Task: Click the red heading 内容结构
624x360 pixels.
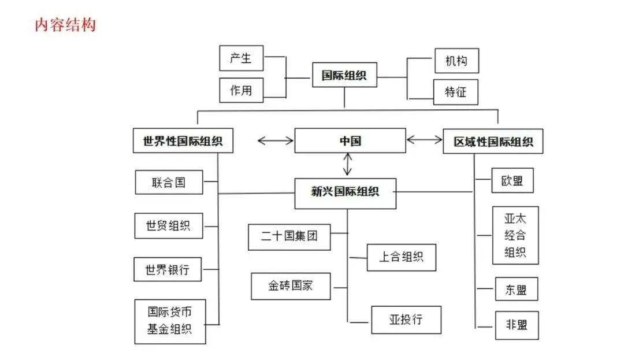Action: pyautogui.click(x=65, y=25)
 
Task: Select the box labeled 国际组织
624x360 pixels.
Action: pyautogui.click(x=344, y=75)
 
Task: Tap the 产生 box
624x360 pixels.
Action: pyautogui.click(x=241, y=58)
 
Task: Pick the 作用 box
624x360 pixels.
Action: pyautogui.click(x=241, y=90)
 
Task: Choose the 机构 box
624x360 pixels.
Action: pyautogui.click(x=456, y=61)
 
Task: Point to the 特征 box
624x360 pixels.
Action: pyautogui.click(x=456, y=91)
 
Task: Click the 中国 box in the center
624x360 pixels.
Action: pyautogui.click(x=350, y=140)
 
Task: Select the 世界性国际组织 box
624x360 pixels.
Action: pyautogui.click(x=183, y=140)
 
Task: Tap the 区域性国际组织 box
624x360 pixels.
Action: pyautogui.click(x=493, y=142)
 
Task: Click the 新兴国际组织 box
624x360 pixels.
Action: pyautogui.click(x=345, y=193)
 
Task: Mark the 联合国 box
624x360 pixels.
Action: pyautogui.click(x=169, y=183)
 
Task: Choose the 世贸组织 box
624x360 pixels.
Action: pyautogui.click(x=168, y=226)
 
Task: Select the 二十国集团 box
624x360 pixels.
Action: pyautogui.click(x=289, y=237)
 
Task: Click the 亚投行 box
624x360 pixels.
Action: pyautogui.click(x=406, y=320)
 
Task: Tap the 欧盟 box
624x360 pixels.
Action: pyautogui.click(x=512, y=180)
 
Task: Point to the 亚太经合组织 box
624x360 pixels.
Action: pyautogui.click(x=515, y=235)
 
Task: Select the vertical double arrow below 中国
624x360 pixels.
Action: pyautogui.click(x=347, y=164)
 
